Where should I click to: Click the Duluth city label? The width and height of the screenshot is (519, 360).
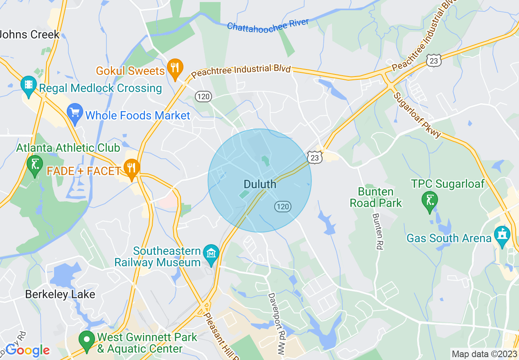260,184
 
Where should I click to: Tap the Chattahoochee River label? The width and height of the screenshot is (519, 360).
268,25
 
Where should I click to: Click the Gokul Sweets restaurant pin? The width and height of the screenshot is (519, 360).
175,68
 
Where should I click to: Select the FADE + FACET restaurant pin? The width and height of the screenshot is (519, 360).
131,168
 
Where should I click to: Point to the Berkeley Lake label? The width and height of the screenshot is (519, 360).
60,294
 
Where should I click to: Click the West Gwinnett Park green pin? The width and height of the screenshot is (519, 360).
87,340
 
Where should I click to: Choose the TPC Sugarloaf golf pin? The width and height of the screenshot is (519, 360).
429,200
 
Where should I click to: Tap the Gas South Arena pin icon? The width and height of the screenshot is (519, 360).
502,236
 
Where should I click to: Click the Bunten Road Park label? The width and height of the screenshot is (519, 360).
376,197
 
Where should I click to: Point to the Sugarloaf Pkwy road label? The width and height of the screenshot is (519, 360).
417,115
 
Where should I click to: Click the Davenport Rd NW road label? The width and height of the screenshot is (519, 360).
277,326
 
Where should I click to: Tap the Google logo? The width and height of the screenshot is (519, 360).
27,350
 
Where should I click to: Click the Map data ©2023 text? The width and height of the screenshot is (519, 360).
483,353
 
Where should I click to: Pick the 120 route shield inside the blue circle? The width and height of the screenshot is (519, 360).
282,207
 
